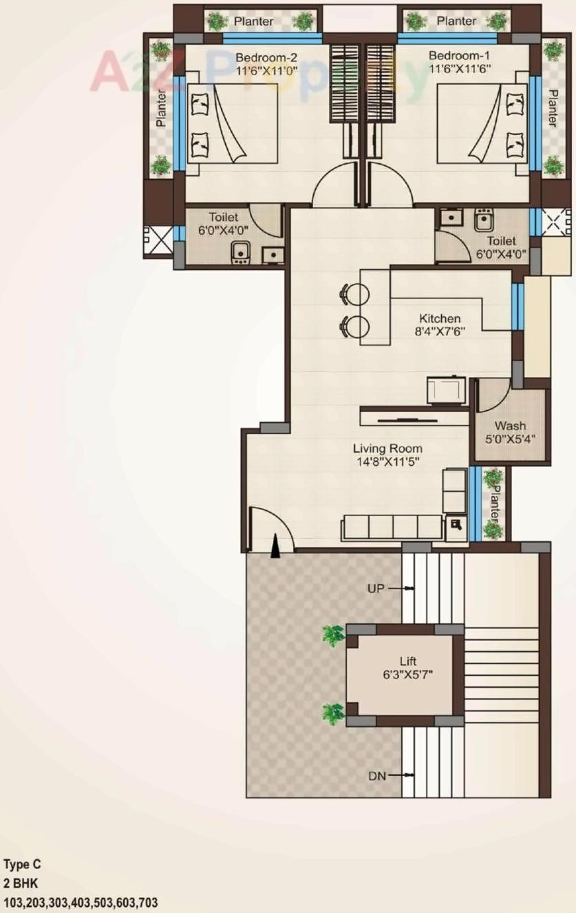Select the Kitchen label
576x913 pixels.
[440, 318]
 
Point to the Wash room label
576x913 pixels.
[510, 426]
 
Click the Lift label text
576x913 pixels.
[408, 661]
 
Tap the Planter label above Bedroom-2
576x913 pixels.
[254, 21]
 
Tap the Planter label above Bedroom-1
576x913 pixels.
[456, 21]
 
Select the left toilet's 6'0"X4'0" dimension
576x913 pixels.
[224, 230]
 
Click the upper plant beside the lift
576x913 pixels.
[333, 635]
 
